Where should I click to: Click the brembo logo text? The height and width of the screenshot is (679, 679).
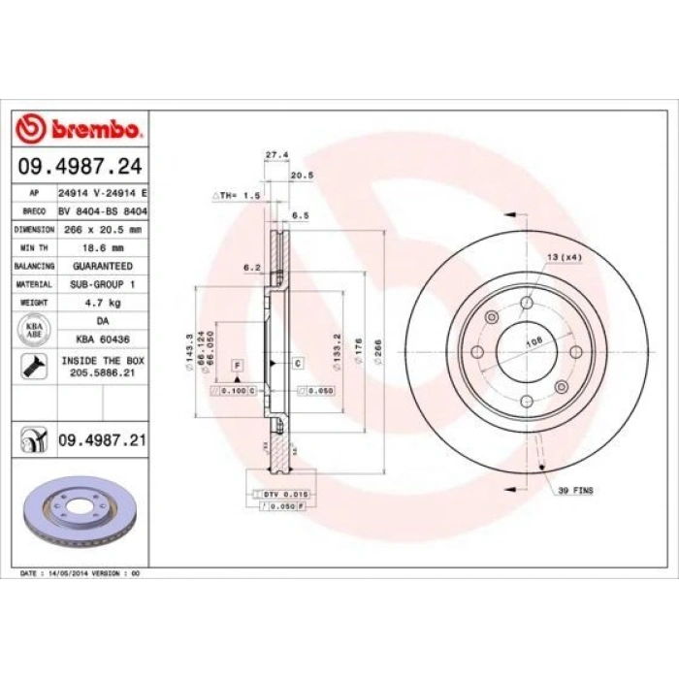pos(95,129)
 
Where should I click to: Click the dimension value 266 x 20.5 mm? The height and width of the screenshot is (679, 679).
pos(100,230)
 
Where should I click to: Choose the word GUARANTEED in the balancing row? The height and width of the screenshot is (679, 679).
pos(102,266)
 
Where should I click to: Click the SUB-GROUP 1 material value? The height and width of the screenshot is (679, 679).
pos(102,284)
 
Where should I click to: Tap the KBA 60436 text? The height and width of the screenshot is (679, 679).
pos(102,339)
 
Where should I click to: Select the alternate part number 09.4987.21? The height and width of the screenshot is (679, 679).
pos(102,439)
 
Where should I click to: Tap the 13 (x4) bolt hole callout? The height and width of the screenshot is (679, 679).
pos(565,256)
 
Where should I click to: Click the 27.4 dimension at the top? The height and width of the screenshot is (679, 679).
pos(276,154)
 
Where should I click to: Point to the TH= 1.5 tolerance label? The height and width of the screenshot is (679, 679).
pos(239,195)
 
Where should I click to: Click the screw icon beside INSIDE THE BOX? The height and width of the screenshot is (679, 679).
pos(33,367)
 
